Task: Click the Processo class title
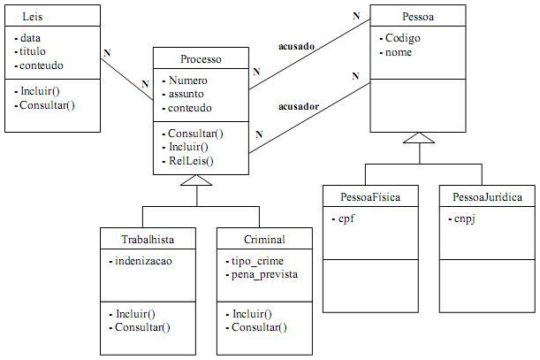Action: (201, 60)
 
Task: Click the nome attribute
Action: (399, 52)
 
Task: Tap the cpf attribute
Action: (346, 218)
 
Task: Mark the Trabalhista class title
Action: (147, 239)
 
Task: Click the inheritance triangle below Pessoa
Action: (419, 137)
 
